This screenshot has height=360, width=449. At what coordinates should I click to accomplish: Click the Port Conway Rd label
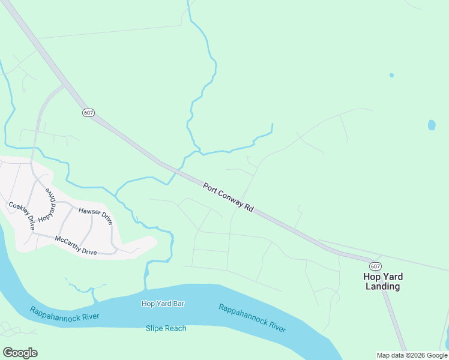pyautogui.click(x=228, y=196)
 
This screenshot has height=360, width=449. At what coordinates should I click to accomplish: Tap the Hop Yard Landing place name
pyautogui.click(x=382, y=281)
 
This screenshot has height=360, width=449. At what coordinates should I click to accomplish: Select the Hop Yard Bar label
pyautogui.click(x=163, y=304)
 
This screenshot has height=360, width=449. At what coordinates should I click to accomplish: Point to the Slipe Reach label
pyautogui.click(x=166, y=328)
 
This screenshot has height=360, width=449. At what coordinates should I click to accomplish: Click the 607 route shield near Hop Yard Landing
pyautogui.click(x=375, y=266)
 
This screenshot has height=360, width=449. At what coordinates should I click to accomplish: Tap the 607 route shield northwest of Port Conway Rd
pyautogui.click(x=88, y=113)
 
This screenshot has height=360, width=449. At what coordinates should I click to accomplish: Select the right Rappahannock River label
pyautogui.click(x=252, y=317)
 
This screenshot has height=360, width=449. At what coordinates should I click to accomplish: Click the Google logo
pyautogui.click(x=20, y=352)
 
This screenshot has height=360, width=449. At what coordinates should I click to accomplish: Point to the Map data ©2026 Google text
pyautogui.click(x=412, y=355)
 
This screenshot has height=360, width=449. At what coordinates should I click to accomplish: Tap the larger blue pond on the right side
pyautogui.click(x=431, y=125)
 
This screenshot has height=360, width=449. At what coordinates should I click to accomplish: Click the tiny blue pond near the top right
pyautogui.click(x=391, y=75)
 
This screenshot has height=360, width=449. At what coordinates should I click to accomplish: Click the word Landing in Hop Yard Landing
pyautogui.click(x=382, y=286)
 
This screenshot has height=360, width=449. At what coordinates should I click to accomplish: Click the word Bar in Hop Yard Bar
pyautogui.click(x=178, y=304)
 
